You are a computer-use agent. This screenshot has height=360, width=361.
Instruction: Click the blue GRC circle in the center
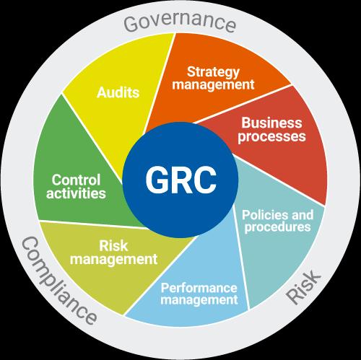pos(180,180)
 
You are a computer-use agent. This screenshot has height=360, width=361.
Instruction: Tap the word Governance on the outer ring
pos(180,21)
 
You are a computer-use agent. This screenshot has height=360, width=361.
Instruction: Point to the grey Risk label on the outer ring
pos(303,287)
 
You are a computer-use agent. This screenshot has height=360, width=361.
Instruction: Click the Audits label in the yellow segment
pos(118,92)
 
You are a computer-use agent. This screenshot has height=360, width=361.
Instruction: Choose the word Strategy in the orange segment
pos(213,72)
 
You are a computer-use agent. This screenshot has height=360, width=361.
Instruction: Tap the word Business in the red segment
pos(271,123)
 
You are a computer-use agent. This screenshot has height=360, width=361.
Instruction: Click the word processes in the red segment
pos(271,136)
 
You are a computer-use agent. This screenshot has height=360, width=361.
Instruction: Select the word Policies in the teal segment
pos(262,215)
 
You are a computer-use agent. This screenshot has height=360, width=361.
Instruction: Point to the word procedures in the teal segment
pos(278,227)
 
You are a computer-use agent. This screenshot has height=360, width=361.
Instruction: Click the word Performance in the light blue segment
pos(199,288)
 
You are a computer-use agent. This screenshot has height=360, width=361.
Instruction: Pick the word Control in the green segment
pos(76,180)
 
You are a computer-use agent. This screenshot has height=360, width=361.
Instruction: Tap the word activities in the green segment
pos(76,193)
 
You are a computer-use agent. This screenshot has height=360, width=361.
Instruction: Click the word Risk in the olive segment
pos(113,245)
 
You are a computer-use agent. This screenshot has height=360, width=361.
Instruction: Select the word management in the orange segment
pos(213,84)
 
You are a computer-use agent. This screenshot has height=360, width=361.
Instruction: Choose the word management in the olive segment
pos(113,259)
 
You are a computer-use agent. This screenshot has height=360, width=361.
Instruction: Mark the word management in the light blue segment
pos(199,300)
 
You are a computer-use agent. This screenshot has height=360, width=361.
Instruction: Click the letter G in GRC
pos(157,180)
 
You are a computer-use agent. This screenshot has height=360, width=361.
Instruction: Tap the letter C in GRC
pos(204,180)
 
